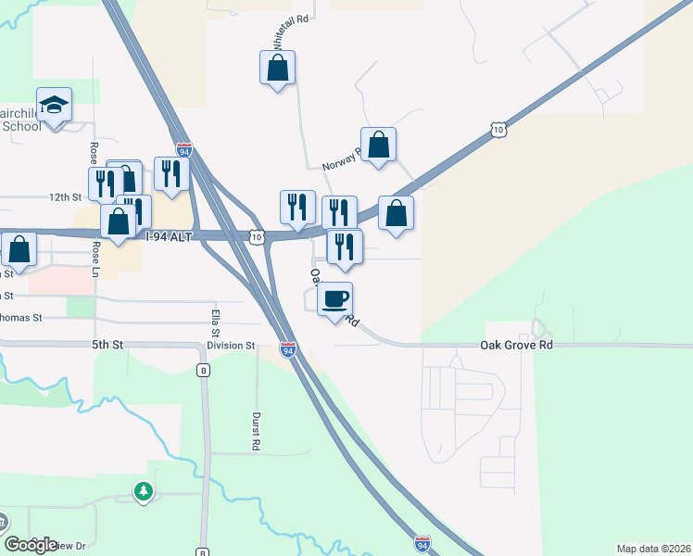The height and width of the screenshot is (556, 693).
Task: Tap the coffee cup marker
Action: point(335,299)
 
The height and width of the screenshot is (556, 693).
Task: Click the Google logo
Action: point(31,545)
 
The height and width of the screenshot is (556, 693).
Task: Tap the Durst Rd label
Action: point(255,431)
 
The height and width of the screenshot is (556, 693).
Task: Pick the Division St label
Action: point(231,346)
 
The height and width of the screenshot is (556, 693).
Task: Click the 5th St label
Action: point(107,345)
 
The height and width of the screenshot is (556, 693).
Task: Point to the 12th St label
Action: point(66,197)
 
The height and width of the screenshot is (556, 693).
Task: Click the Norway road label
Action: point(339,159)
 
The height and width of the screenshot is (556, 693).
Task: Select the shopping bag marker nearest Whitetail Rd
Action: point(277,68)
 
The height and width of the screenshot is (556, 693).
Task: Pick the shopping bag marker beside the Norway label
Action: point(378,145)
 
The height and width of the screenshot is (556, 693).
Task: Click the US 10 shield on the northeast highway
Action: point(498,130)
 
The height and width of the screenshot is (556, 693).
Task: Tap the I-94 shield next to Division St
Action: point(288,349)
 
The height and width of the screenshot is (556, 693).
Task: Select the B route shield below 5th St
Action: point(204,371)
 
